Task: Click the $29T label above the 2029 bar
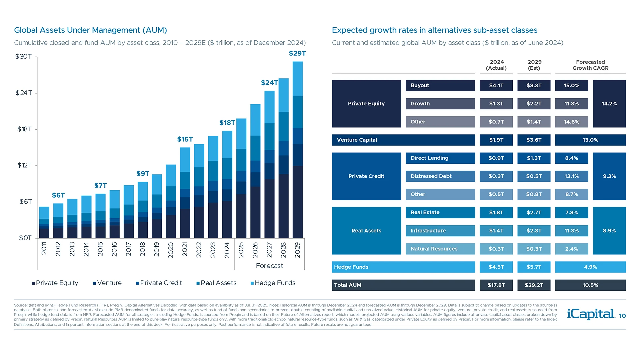(297, 53)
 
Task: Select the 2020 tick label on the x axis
(171, 250)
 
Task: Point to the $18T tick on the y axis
(25, 129)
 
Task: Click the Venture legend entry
(107, 283)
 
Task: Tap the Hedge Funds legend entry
(273, 283)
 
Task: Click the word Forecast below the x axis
(269, 266)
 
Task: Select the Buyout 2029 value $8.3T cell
(534, 85)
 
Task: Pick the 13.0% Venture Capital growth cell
(590, 140)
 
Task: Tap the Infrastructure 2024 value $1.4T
(496, 231)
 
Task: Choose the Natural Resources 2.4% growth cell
(571, 249)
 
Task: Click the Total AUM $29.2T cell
(534, 285)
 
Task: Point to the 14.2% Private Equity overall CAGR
(609, 104)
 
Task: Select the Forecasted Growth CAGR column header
(590, 65)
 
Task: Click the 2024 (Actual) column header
(496, 65)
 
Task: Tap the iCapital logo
(591, 314)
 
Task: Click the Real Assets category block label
(366, 231)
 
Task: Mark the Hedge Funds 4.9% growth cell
(590, 267)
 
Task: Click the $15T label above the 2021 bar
(185, 139)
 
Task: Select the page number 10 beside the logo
(622, 316)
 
